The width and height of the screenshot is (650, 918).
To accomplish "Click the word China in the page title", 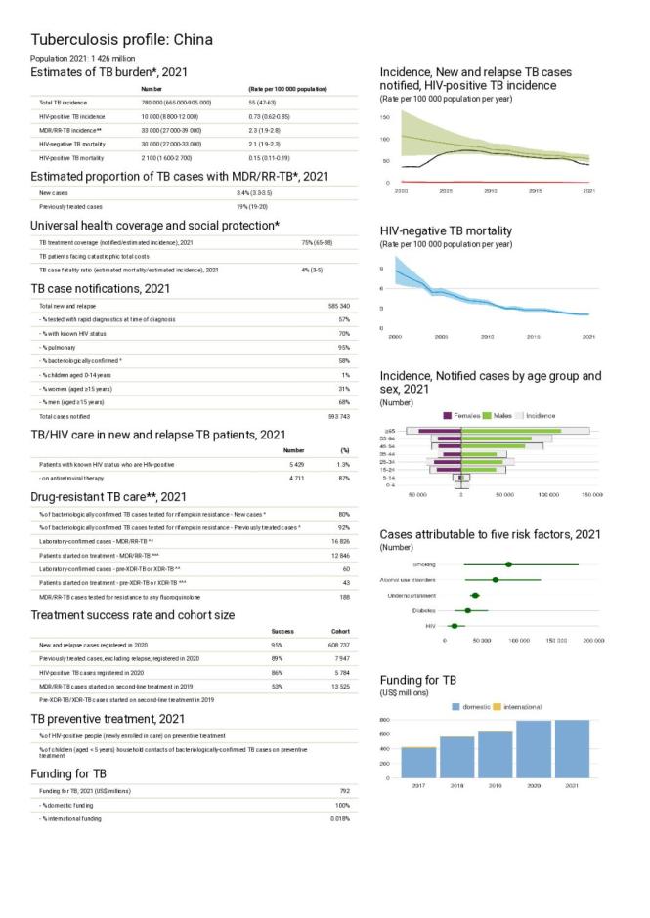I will click(x=191, y=40).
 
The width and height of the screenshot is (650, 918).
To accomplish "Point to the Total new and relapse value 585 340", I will click(x=336, y=306).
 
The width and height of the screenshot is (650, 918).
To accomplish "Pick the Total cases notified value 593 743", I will click(x=336, y=416).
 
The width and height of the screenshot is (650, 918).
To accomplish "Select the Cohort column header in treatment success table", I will click(x=337, y=631).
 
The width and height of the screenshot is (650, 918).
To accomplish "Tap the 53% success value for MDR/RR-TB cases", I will click(x=276, y=687).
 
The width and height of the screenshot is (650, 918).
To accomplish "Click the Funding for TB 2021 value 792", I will click(x=343, y=789).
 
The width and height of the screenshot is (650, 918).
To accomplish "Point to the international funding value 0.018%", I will click(x=338, y=816).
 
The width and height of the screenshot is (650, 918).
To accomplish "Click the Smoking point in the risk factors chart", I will click(x=508, y=564).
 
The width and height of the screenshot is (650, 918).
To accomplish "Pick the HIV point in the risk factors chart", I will click(x=454, y=625).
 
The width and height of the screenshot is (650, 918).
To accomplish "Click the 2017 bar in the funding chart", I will click(x=418, y=762).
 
